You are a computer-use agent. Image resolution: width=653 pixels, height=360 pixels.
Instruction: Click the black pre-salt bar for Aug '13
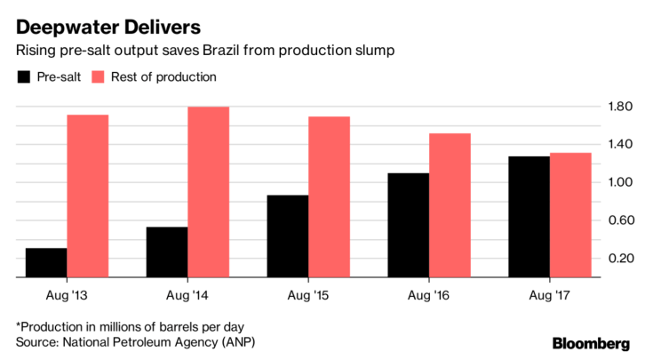[x=46, y=263]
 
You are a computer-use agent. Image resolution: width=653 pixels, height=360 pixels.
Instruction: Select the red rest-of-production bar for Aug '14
[x=208, y=192]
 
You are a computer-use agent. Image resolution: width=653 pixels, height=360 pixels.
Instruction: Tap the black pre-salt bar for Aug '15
[x=288, y=236]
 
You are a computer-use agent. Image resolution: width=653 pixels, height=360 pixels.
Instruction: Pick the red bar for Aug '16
[x=450, y=205]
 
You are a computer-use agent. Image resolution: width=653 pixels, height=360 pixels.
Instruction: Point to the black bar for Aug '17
[x=530, y=217]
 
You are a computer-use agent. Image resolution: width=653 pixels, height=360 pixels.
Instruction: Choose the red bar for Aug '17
[x=570, y=215]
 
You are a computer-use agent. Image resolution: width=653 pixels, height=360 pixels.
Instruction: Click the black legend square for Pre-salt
[x=23, y=77]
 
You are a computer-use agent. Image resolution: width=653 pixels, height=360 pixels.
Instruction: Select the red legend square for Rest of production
[x=98, y=77]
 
